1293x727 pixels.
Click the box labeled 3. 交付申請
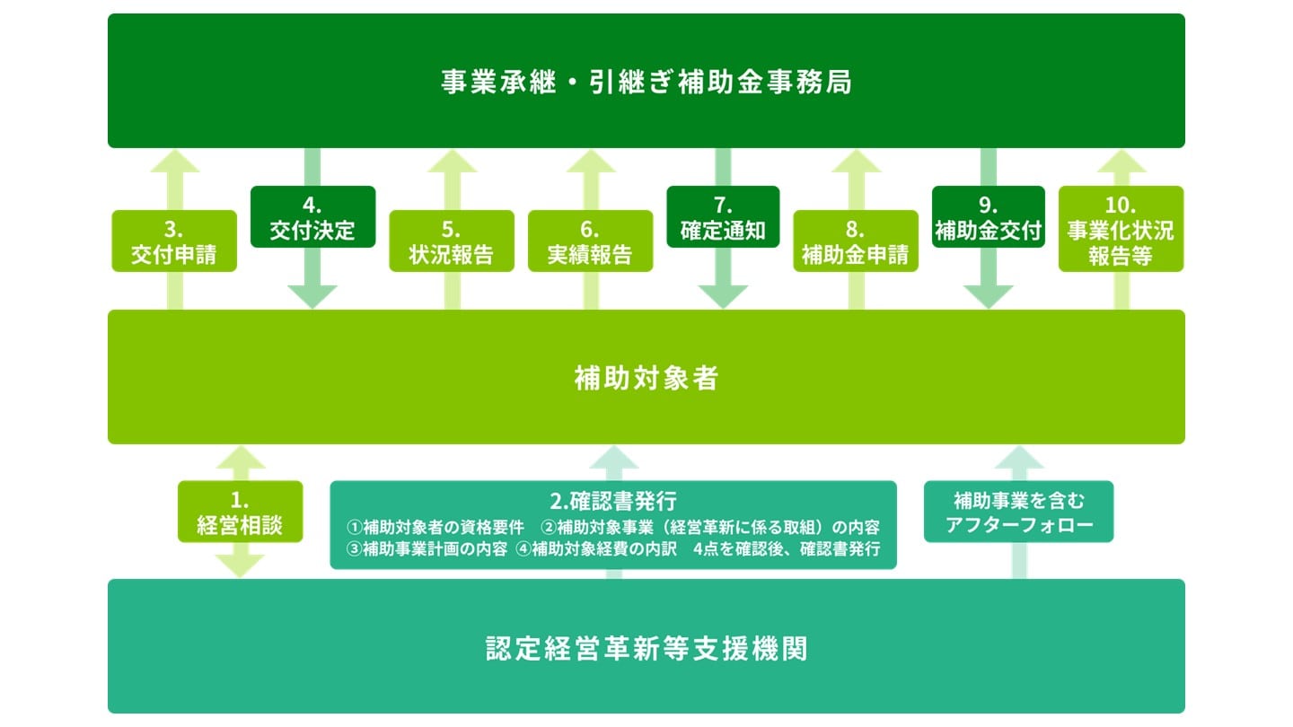pyautogui.click(x=174, y=241)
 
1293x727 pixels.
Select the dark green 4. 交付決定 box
pyautogui.click(x=312, y=216)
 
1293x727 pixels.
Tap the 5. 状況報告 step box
pyautogui.click(x=452, y=241)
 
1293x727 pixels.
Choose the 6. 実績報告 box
pyautogui.click(x=590, y=241)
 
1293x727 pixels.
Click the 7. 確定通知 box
pyautogui.click(x=723, y=216)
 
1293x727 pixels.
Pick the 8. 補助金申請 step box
pyautogui.click(x=856, y=241)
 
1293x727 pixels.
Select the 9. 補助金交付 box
pyautogui.click(x=988, y=216)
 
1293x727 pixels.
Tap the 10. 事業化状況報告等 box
pyautogui.click(x=1121, y=229)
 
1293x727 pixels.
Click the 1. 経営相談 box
pyautogui.click(x=240, y=512)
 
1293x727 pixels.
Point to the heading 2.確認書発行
pyautogui.click(x=613, y=500)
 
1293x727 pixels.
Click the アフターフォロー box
pyautogui.click(x=1018, y=512)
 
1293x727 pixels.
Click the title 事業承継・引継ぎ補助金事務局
pyautogui.click(x=646, y=83)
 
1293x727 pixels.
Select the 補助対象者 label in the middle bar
pyautogui.click(x=646, y=379)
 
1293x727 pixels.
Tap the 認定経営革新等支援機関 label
pyautogui.click(x=646, y=648)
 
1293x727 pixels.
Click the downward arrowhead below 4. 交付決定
pyautogui.click(x=312, y=296)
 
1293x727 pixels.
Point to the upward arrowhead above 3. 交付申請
pyautogui.click(x=174, y=162)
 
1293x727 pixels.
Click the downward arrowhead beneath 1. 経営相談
pyautogui.click(x=240, y=566)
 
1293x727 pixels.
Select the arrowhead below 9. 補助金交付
pyautogui.click(x=988, y=296)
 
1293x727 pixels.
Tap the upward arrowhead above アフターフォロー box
pyautogui.click(x=1018, y=458)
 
